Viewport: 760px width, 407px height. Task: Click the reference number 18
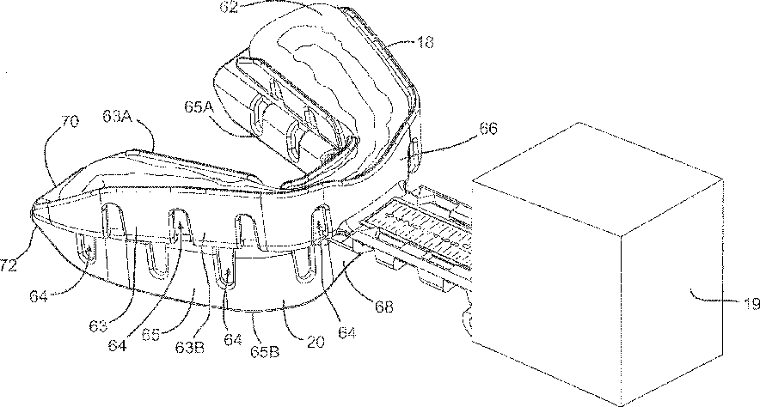point(425,43)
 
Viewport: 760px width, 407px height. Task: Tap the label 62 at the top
point(229,7)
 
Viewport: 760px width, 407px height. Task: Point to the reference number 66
point(488,129)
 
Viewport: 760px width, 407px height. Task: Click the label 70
point(69,121)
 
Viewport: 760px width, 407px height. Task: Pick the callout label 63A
point(118,116)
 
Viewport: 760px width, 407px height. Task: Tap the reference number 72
point(9,265)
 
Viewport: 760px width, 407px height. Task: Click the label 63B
point(190,347)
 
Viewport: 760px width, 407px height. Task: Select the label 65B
point(265,352)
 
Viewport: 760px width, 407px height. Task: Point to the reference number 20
point(316,342)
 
